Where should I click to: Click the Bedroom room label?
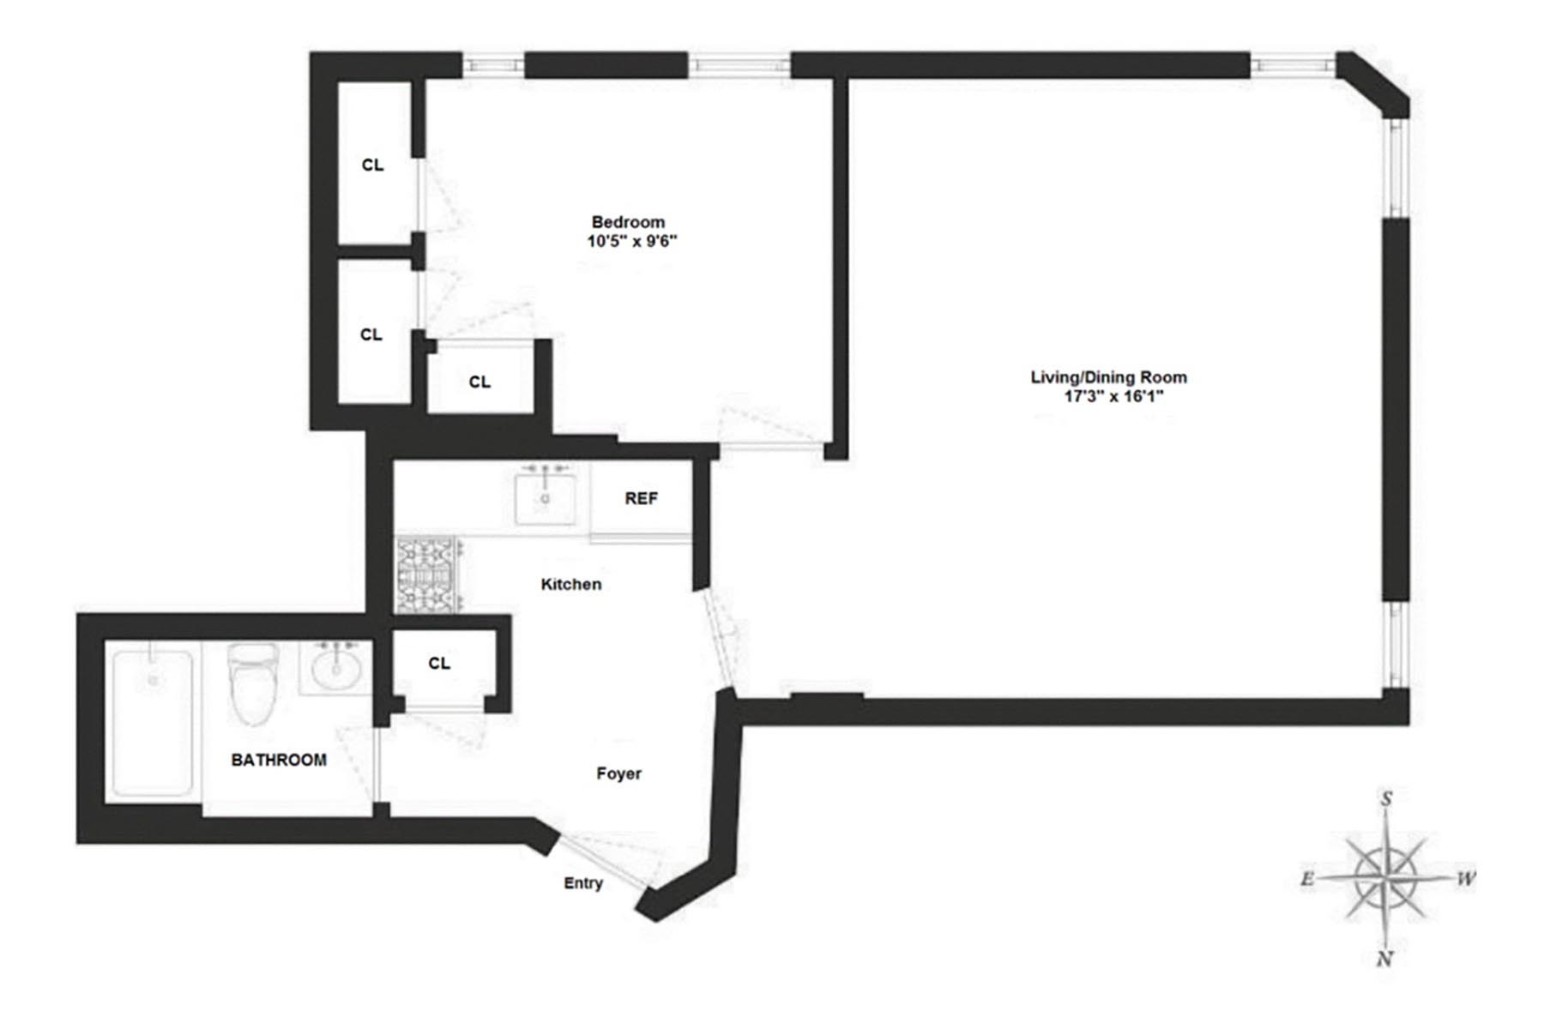click(628, 222)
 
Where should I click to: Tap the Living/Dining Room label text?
click(1108, 377)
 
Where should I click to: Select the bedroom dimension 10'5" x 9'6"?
click(631, 242)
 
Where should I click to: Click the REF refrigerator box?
click(641, 499)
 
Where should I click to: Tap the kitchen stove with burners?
click(427, 575)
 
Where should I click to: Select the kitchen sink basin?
click(545, 498)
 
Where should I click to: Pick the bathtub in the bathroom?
click(153, 722)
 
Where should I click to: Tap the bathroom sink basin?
click(335, 669)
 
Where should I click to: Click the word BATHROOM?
click(279, 760)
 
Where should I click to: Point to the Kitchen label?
click(570, 585)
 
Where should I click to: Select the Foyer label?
click(618, 773)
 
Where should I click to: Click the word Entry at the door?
click(583, 883)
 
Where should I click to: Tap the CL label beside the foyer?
click(439, 664)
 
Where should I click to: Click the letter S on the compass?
click(1386, 800)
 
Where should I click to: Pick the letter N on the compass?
click(1384, 960)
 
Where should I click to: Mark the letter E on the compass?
click(1307, 879)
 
